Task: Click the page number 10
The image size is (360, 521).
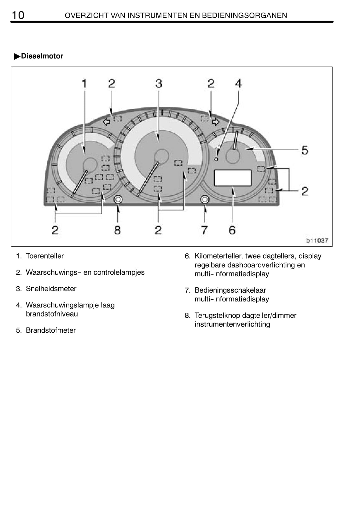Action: click(18, 15)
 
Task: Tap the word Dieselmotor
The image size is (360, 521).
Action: click(42, 56)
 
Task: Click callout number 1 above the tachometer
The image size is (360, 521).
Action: click(84, 83)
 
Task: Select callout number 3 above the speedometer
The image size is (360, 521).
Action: click(159, 83)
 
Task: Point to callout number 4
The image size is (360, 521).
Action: click(238, 83)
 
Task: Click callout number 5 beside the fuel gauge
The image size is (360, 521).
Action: click(305, 150)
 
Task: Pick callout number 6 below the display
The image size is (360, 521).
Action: click(232, 230)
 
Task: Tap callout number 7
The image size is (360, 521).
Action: click(205, 230)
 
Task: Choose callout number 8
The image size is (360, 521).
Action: click(117, 230)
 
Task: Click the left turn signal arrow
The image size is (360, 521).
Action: click(107, 121)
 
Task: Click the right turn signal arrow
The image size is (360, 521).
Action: click(216, 121)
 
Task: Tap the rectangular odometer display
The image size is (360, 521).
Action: click(233, 178)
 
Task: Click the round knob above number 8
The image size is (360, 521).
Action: click(118, 199)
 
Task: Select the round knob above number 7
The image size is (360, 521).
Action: click(205, 199)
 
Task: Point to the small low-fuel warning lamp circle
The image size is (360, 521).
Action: click(216, 159)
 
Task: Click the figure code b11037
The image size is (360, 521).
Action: click(317, 240)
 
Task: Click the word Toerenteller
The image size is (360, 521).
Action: click(45, 256)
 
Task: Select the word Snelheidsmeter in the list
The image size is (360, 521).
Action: click(51, 289)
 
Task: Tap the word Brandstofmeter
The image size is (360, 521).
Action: click(51, 330)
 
